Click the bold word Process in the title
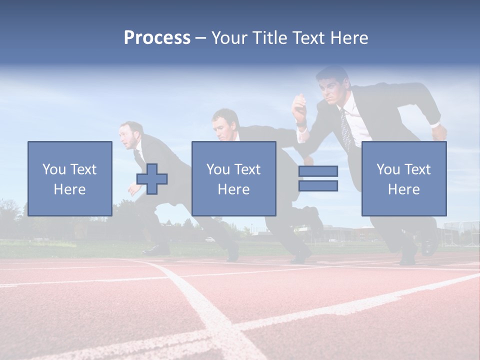[x=157, y=38]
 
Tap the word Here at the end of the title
[x=348, y=38]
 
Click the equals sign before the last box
[x=318, y=179]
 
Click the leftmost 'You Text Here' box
[x=69, y=178]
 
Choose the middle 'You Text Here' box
[x=233, y=178]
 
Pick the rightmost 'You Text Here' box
[x=403, y=178]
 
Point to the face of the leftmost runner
[x=129, y=136]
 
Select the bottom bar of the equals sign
[x=318, y=186]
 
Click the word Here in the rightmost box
[x=403, y=189]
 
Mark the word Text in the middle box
[x=247, y=169]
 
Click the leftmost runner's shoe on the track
[x=156, y=249]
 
